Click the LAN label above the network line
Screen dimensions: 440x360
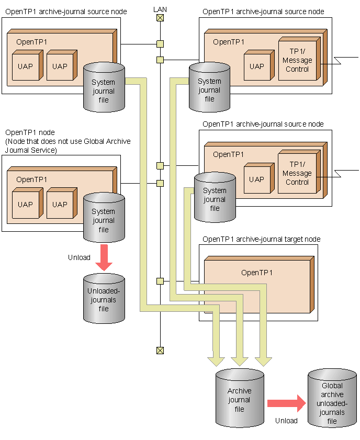[x=160, y=9]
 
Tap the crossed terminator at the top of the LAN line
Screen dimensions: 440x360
[x=160, y=18]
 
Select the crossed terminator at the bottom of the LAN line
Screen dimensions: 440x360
[x=160, y=350]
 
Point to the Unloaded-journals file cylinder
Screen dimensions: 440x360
[x=104, y=299]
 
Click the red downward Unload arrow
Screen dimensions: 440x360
[x=104, y=257]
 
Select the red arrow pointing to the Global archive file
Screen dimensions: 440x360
[x=286, y=403]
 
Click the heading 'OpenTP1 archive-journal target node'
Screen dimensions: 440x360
[x=261, y=239]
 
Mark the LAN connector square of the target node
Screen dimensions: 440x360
[x=160, y=281]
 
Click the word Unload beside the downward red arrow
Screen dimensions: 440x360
[x=79, y=257]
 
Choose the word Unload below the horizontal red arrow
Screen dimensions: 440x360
[x=286, y=421]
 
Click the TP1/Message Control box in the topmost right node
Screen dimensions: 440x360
[x=297, y=60]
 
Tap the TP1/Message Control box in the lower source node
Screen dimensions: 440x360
[x=297, y=173]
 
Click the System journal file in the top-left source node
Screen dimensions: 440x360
[x=104, y=88]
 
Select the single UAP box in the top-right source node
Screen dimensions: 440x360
[x=257, y=66]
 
